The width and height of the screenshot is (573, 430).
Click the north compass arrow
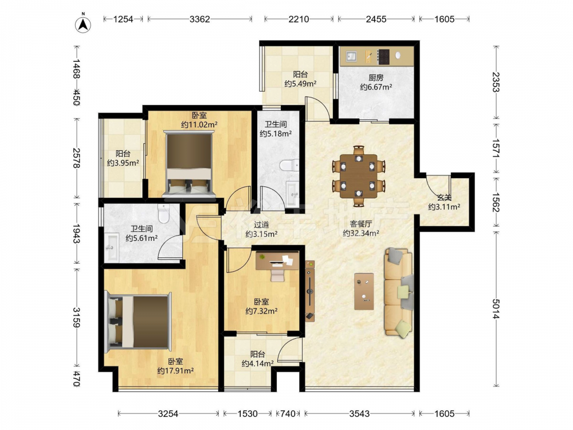tap(83, 25)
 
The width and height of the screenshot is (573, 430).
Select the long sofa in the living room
tap(398, 292)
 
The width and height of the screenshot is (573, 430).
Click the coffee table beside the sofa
tap(364, 291)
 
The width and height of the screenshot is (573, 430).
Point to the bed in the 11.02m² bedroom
tap(189, 163)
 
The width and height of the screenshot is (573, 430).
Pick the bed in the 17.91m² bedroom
tap(138, 322)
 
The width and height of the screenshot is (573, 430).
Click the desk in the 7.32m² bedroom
tap(277, 260)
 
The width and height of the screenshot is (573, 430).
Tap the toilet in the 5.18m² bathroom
tap(289, 165)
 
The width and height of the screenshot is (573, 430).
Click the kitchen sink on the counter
tap(351, 56)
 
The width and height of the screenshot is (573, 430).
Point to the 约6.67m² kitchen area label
tap(376, 87)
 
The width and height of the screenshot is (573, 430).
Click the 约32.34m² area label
tap(360, 233)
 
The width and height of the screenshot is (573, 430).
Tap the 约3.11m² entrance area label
tap(444, 207)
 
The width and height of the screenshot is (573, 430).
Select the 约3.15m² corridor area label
tap(261, 234)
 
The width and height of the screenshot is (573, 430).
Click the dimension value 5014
tap(496, 309)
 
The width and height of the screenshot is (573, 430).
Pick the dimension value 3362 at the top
tap(199, 19)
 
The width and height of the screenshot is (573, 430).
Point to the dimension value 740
tap(288, 413)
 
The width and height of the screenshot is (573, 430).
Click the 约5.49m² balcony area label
tap(300, 84)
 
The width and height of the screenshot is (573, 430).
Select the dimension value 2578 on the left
tap(76, 158)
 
